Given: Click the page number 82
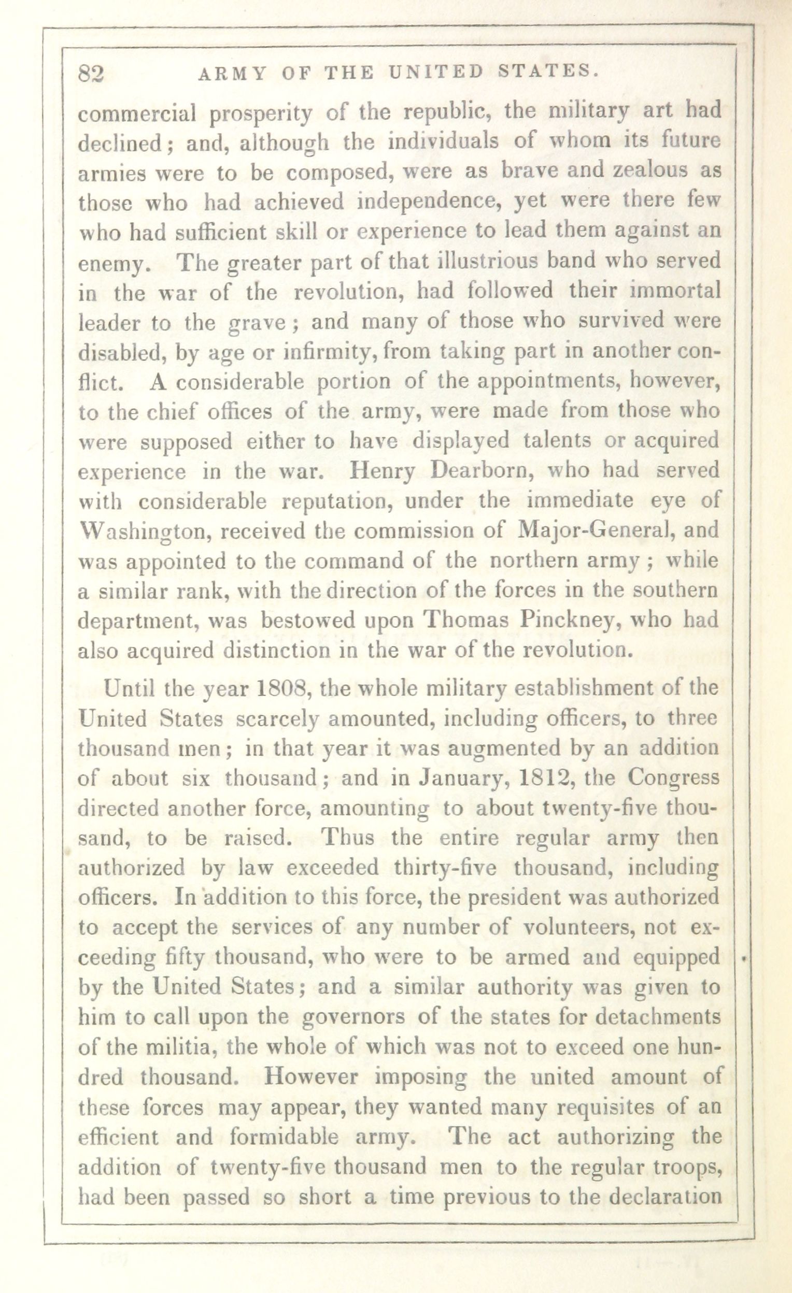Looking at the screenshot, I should tap(91, 74).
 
